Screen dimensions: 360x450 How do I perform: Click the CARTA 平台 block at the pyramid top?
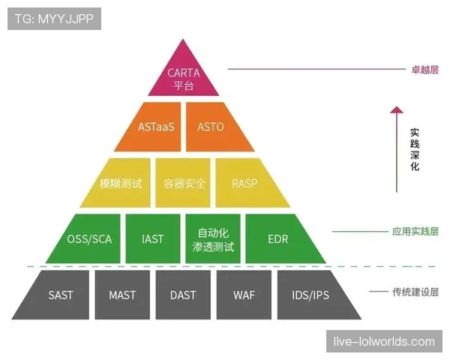pos(183,78)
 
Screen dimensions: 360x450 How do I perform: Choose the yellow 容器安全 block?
pos(184,183)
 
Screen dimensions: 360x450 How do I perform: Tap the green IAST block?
pos(152,239)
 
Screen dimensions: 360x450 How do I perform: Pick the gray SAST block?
pos(61,295)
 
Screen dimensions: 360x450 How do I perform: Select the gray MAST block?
pos(122,295)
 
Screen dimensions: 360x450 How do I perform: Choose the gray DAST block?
pos(183,295)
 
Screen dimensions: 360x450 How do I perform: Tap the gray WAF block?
pos(244,295)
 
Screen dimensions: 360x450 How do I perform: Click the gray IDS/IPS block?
pos(310,295)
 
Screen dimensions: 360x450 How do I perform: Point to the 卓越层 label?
pos(424,69)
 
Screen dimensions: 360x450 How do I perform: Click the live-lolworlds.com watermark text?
pos(384,342)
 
